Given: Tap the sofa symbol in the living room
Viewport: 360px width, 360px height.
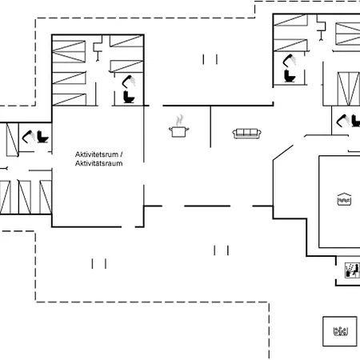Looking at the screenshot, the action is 247,134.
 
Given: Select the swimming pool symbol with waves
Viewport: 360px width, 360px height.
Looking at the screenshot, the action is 344,199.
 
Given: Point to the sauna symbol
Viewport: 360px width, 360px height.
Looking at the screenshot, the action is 352,270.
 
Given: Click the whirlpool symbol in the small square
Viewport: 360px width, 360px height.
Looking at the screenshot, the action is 341,331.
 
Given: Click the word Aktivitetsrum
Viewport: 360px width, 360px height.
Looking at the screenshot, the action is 97,154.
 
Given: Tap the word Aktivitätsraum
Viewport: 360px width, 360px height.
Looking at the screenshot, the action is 98,163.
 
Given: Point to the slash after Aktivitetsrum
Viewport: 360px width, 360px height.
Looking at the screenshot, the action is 122,154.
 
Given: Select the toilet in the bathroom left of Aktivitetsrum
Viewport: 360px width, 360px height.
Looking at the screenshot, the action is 42,137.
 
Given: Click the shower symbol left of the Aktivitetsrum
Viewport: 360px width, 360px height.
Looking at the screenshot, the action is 28,137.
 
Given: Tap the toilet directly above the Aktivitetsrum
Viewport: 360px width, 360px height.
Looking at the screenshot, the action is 129,97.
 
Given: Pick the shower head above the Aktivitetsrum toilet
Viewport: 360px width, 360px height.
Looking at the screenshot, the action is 129,82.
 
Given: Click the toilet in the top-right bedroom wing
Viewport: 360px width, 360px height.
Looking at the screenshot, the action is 290,76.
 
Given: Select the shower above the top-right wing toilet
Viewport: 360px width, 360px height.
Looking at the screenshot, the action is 290,61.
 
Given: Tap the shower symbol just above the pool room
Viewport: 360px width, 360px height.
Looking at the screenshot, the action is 343,121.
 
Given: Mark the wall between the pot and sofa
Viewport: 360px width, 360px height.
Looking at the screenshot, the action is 210,126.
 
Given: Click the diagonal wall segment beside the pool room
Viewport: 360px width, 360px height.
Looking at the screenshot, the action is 283,153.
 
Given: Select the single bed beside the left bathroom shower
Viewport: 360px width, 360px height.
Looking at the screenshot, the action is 12,140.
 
